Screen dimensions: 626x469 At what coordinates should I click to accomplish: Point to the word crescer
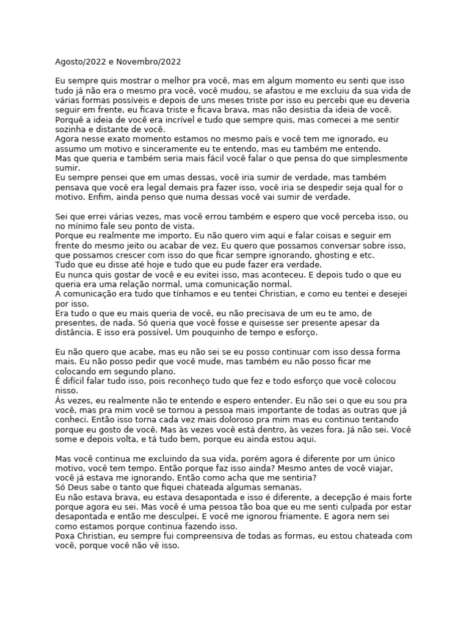coord(143,255)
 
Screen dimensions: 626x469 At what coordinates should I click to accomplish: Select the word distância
coord(74,333)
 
